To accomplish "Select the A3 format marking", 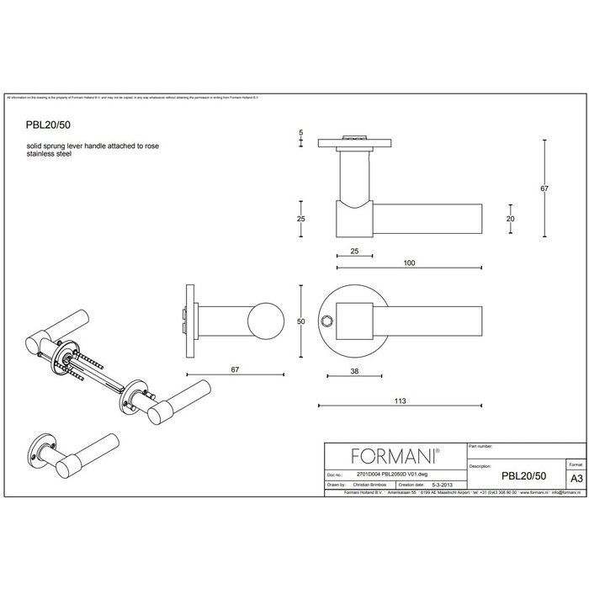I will point(575,475).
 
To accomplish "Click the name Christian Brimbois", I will point(371,486).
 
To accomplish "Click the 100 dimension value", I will point(409,263).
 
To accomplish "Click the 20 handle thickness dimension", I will point(510,219).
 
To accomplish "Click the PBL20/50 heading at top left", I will point(48,122).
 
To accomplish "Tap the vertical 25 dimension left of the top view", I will point(301,219).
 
